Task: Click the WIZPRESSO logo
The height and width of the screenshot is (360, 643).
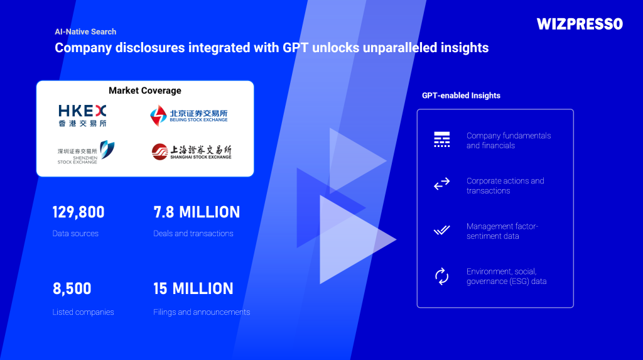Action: (580, 25)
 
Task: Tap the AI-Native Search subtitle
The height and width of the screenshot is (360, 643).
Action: (85, 31)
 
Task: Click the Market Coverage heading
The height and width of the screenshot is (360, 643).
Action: (145, 90)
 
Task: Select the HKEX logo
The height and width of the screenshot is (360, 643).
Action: (82, 116)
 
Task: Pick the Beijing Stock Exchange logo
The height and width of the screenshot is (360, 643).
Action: (188, 116)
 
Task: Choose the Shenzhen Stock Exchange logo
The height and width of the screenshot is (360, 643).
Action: (85, 152)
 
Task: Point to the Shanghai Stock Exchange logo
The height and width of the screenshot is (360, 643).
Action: (192, 151)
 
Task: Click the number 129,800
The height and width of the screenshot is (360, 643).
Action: (78, 212)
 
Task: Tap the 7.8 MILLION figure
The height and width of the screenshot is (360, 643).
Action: (197, 212)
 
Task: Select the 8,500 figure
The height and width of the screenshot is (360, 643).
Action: (72, 288)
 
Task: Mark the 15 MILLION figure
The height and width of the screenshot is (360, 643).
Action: (193, 288)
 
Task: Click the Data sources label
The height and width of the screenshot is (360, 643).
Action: (75, 234)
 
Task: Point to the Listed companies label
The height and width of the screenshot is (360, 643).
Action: (83, 312)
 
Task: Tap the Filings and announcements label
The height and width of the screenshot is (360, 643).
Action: (202, 312)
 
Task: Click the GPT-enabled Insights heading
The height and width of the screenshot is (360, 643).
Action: (461, 95)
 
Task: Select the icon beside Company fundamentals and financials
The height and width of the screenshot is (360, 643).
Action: (441, 139)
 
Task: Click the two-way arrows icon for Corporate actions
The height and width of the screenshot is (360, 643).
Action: (441, 184)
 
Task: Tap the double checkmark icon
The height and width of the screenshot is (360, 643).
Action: (441, 230)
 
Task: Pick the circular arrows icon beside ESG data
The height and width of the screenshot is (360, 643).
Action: (441, 276)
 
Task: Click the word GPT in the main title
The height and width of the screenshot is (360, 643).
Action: (295, 48)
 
